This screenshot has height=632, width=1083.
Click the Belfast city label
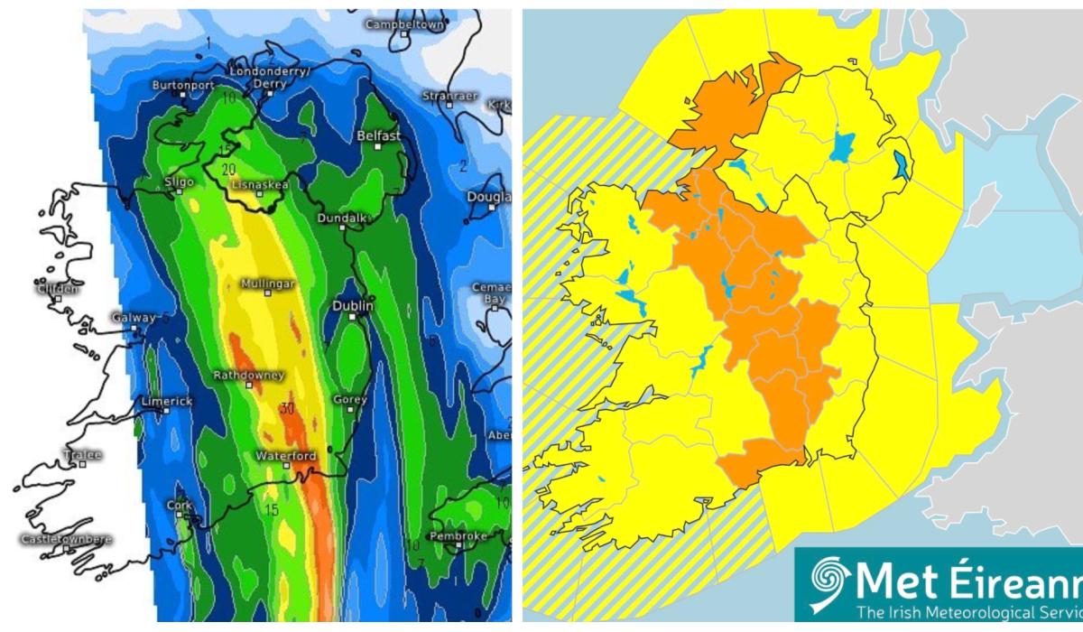(x=378, y=135)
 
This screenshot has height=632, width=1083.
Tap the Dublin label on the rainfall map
(x=353, y=307)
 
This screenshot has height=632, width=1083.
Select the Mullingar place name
(x=268, y=283)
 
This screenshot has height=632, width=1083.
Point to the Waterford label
(x=285, y=456)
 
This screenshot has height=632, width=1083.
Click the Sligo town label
(x=180, y=181)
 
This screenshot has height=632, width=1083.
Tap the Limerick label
(x=166, y=401)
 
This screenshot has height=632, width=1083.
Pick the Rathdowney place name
(x=249, y=375)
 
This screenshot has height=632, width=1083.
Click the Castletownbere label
(x=67, y=539)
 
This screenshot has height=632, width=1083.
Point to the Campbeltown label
(x=405, y=25)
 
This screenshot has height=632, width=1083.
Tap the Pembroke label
(x=463, y=536)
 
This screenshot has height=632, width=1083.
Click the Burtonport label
(x=184, y=85)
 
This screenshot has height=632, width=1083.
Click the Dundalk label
(x=342, y=218)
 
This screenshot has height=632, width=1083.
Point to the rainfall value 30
(x=287, y=408)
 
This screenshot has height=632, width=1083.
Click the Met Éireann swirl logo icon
(x=826, y=581)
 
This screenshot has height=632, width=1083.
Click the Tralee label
(x=83, y=455)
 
